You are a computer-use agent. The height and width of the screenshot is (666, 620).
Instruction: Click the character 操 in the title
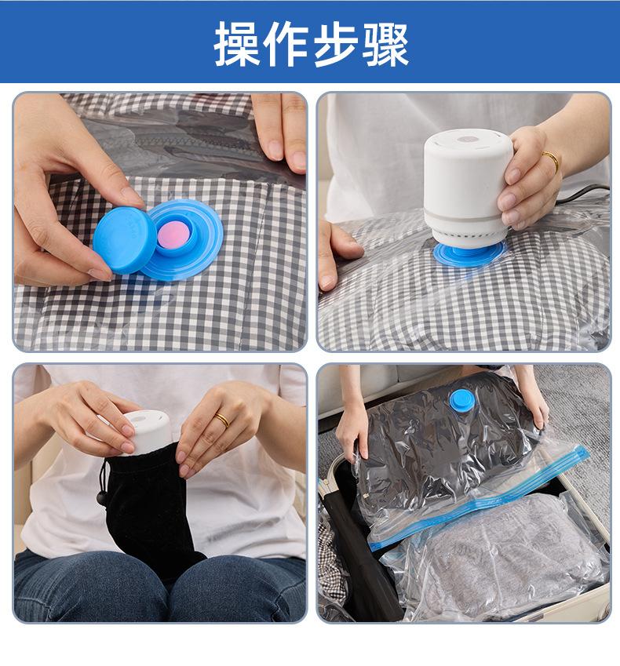coord(236,44)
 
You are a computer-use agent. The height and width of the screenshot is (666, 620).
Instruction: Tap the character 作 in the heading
coord(286,44)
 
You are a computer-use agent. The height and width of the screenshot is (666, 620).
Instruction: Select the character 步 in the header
coord(335,44)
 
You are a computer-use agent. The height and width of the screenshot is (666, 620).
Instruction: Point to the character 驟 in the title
coord(385,44)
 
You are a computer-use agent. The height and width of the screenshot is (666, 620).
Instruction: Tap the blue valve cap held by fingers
coord(124,240)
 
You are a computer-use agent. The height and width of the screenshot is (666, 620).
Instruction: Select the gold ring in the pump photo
coord(551,161)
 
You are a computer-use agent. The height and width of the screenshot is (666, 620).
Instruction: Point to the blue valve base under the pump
coord(469,254)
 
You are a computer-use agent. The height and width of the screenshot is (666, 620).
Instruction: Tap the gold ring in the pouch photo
coord(222,420)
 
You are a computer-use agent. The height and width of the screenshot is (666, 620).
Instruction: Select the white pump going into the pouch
coord(145,432)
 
